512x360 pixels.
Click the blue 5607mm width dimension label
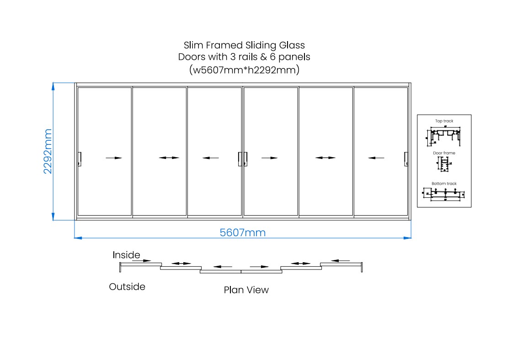click(x=242, y=233)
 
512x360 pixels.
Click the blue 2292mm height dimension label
click(x=48, y=151)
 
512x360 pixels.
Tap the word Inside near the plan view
click(x=126, y=255)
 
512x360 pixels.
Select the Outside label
click(x=127, y=287)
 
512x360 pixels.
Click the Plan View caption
click(x=246, y=290)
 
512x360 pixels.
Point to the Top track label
click(x=444, y=121)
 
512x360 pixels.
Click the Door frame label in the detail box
click(x=444, y=153)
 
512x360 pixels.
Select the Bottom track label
click(x=444, y=184)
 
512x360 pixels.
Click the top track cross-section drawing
click(x=444, y=135)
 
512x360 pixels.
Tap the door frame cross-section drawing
click(x=444, y=165)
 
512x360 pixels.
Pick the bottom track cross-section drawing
click(x=444, y=195)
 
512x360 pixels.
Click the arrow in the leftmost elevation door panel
click(x=114, y=158)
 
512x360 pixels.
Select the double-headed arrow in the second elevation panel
click(x=169, y=158)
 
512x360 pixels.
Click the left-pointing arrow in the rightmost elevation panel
click(x=376, y=158)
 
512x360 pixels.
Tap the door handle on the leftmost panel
click(x=80, y=159)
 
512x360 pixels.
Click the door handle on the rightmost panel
click(x=405, y=159)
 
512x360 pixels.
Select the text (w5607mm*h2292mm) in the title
click(x=244, y=70)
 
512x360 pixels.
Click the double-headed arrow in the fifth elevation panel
click(x=325, y=158)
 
